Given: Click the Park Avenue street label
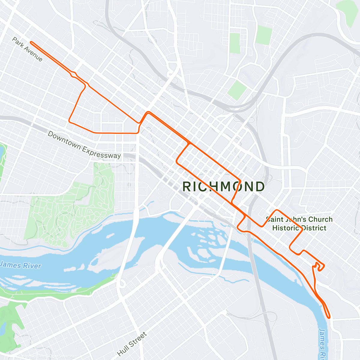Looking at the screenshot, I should [27, 49].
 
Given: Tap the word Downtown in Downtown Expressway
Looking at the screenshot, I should [64, 140].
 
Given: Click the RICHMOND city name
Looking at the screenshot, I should [223, 187].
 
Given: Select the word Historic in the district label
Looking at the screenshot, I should [286, 228].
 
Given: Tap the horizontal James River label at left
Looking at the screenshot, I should [20, 265].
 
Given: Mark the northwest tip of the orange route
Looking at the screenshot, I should [31, 43].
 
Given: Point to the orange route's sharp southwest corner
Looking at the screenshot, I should [70, 121].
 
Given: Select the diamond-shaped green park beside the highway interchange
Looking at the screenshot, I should [237, 90].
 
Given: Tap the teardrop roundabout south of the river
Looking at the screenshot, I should [122, 283].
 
